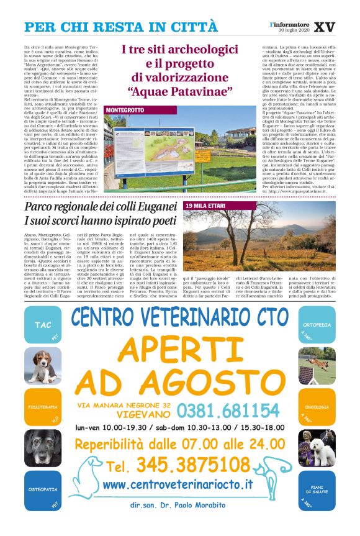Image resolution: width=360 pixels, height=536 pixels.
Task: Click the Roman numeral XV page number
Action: coord(324,27)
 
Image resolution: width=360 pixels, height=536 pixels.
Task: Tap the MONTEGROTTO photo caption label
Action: coord(125,109)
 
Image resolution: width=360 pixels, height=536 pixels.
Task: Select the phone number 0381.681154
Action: coord(227,411)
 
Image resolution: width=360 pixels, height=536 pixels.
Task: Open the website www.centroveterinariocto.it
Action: coord(178,484)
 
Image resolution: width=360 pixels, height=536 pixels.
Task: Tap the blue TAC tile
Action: coord(43,325)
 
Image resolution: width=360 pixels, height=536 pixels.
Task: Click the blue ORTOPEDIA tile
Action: coord(317,325)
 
